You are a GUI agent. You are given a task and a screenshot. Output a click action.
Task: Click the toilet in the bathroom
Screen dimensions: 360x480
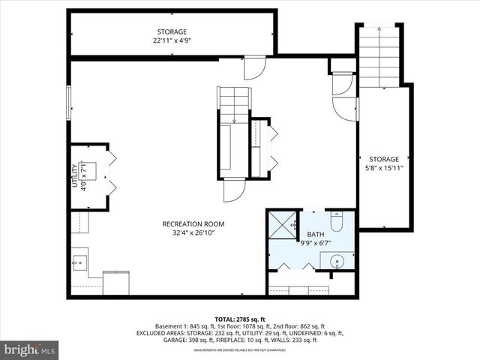337,221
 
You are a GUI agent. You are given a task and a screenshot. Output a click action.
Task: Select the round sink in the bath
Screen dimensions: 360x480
337,262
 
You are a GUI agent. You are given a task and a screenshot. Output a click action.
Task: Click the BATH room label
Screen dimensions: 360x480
315,235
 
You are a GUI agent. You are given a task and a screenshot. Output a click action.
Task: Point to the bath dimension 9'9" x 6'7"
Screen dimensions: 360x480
315,243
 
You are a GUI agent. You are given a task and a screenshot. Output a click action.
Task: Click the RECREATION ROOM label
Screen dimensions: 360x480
193,223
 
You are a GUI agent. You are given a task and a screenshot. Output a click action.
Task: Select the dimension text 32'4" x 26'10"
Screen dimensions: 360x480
193,232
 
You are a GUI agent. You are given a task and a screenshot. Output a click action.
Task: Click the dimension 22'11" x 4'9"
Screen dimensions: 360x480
172,41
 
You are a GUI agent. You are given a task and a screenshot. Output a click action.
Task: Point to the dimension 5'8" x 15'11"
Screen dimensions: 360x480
383,168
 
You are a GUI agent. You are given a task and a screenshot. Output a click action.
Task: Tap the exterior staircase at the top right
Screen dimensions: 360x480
379,56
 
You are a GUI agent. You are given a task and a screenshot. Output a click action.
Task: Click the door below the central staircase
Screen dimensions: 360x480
234,190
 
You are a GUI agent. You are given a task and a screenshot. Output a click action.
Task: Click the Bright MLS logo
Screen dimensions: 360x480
30,349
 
